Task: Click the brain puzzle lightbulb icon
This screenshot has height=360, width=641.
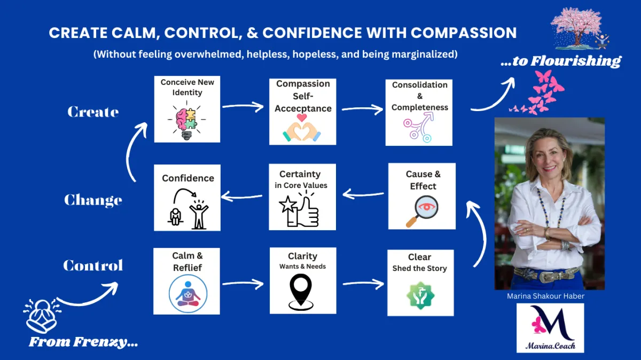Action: pos(186,120)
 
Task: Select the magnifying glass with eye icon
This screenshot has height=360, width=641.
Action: pos(422,211)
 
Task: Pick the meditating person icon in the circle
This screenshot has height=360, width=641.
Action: pos(187,294)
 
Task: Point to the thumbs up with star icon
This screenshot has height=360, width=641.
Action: pos(299,208)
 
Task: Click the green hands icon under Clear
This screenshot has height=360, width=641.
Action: pos(420,295)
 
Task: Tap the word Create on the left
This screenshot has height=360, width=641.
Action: pos(93,112)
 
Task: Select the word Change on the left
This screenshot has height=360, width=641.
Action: pos(93,200)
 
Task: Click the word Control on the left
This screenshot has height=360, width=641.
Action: pos(93,265)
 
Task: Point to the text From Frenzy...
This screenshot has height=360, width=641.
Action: pos(83,342)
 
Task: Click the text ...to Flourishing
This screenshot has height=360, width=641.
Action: pos(561,61)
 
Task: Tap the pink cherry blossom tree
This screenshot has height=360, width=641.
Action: pos(576,28)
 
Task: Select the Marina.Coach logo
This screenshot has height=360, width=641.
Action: pos(550,328)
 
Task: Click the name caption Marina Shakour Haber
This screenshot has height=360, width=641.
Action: pos(545,296)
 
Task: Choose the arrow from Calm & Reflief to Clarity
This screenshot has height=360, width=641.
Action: pos(243,284)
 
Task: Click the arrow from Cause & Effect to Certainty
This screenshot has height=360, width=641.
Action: pos(363,194)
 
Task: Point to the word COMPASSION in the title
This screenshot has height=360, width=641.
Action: pos(464,33)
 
